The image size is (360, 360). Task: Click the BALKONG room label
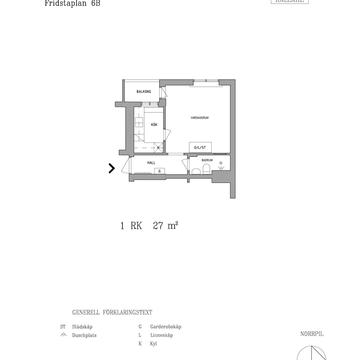[144, 91]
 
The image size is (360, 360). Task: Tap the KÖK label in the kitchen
[154, 124]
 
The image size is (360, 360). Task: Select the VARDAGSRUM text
[199, 118]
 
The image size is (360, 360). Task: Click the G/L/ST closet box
[200, 147]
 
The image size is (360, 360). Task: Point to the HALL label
[151, 163]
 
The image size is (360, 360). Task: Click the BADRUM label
[207, 160]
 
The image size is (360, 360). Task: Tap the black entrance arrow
[112, 168]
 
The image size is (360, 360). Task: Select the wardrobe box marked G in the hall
[159, 171]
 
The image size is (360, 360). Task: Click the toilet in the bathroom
[206, 170]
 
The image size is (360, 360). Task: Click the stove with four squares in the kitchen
[139, 122]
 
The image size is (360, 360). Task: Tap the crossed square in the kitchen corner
[158, 147]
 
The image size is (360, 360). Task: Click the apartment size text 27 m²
[165, 226]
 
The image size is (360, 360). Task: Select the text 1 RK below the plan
[131, 226]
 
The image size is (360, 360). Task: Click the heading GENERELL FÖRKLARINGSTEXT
[112, 312]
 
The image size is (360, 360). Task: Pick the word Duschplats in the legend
[84, 335]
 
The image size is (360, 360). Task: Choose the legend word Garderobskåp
[165, 327]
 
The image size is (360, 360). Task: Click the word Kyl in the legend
[153, 344]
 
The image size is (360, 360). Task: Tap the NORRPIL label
[312, 334]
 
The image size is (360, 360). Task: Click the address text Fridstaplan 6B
[72, 3]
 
